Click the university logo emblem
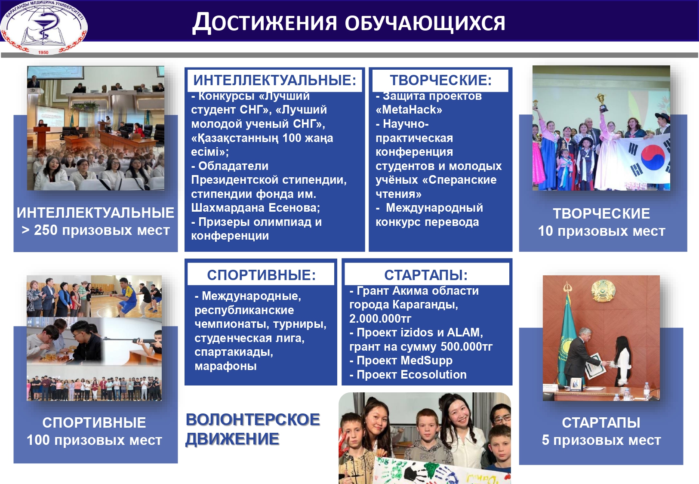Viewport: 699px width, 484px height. pos(43,27)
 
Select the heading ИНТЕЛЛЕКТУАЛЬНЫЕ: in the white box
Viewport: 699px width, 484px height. pos(274,80)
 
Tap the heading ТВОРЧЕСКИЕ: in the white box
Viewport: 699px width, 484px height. pos(440,80)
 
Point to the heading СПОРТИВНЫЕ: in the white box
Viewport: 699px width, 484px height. pos(261,275)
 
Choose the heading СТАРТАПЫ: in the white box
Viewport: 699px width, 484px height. pos(425,275)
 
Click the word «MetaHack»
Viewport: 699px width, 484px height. pos(409,110)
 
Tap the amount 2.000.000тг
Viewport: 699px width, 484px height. pos(380,319)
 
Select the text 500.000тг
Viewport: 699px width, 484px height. pos(467,347)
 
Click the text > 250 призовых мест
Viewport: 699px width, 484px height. pos(95,230)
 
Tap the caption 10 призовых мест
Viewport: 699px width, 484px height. pos(601,231)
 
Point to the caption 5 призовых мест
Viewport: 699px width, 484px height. pos(601,440)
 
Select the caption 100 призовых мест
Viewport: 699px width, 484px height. pos(94,440)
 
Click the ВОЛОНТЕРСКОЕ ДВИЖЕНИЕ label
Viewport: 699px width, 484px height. pos(253,429)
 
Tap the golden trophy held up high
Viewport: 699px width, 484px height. pos(601,102)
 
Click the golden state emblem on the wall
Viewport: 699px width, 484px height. pos(601,290)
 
